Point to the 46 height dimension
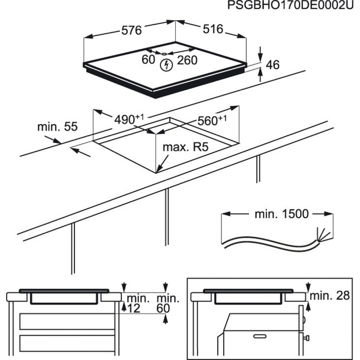(273, 65)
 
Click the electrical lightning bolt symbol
(166, 65)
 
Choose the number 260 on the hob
(187, 60)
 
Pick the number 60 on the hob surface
(148, 60)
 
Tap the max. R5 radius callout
(185, 148)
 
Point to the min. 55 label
(57, 127)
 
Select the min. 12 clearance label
(138, 303)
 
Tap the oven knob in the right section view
(307, 338)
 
